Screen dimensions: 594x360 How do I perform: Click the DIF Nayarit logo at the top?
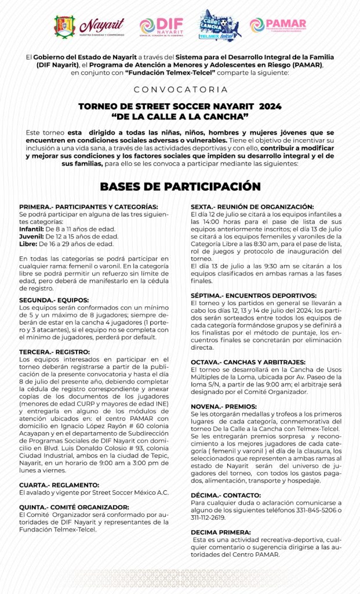[161, 26]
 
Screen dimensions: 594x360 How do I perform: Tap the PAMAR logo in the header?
[278, 26]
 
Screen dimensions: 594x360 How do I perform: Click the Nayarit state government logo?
[89, 26]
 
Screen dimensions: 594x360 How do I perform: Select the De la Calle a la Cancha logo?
[220, 26]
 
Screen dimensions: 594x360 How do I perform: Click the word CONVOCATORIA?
[180, 90]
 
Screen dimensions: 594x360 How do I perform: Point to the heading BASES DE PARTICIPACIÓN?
[180, 186]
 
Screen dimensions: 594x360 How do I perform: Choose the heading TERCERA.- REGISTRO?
[54, 352]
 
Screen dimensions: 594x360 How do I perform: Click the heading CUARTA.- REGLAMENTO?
[59, 484]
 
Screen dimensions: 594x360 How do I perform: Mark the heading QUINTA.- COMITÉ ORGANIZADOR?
[74, 506]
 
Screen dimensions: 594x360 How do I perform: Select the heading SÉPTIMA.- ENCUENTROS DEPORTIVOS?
[253, 295]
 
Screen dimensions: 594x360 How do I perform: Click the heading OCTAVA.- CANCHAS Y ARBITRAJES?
[248, 362]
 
